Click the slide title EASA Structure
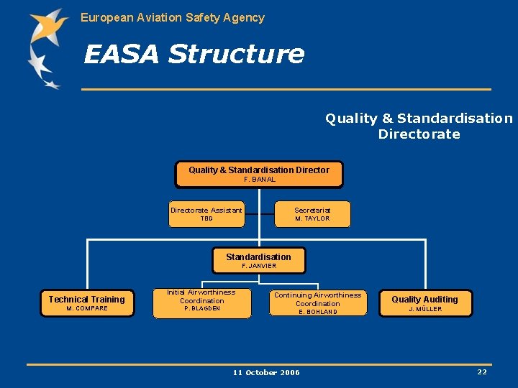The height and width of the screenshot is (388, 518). pos(194,55)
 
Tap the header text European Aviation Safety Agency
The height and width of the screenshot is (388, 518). pos(173,17)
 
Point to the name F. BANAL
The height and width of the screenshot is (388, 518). pos(260,180)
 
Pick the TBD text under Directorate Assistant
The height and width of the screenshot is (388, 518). pos(206,218)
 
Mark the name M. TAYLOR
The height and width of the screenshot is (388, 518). pos(312,218)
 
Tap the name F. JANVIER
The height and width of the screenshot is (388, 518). pos(259,266)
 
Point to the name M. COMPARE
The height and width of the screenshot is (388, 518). pos(87,309)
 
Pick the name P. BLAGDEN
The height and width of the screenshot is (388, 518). pos(202,309)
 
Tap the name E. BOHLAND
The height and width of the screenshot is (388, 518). pos(317,312)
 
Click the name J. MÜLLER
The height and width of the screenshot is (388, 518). pos(425,309)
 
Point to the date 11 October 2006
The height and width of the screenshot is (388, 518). pos(266,372)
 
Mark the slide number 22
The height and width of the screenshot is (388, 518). pos(481,371)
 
